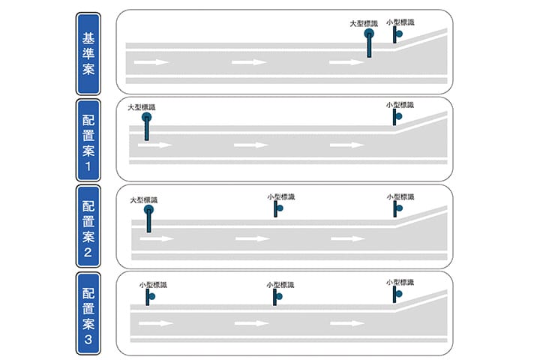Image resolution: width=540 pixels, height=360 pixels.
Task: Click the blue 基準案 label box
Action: (88, 54)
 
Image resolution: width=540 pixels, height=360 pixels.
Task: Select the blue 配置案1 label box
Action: (88, 139)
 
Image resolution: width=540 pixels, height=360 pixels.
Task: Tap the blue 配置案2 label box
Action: (88, 226)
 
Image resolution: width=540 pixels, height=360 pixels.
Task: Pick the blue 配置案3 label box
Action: (88, 313)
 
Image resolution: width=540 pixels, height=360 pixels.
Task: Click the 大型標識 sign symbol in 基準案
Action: (369, 43)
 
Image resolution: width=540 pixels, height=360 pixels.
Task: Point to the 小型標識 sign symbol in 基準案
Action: (397, 34)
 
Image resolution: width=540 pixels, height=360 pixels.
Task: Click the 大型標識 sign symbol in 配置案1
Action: (147, 127)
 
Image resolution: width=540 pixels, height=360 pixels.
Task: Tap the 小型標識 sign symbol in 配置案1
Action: (397, 117)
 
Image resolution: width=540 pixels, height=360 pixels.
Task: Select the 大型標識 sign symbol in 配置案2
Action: (148, 219)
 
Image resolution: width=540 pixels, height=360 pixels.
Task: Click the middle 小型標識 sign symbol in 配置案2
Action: (278, 208)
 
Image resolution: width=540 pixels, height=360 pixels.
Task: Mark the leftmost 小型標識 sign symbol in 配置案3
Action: (150, 297)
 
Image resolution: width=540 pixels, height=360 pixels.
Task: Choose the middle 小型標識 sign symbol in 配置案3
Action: (277, 297)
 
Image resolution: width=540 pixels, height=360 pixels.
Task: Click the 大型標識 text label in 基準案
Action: (364, 23)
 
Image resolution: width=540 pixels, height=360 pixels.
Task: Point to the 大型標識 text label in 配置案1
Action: (142, 107)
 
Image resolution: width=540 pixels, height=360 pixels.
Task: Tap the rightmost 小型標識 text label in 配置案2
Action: (400, 196)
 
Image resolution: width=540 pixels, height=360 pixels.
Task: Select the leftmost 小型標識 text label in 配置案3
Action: (153, 285)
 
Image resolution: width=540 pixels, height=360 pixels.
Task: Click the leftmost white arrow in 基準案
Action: (151, 62)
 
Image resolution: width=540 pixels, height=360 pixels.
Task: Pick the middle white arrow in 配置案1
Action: (251, 145)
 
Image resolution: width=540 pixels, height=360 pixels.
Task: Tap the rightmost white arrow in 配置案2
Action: (347, 238)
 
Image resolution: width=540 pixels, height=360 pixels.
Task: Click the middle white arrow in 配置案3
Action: (251, 323)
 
